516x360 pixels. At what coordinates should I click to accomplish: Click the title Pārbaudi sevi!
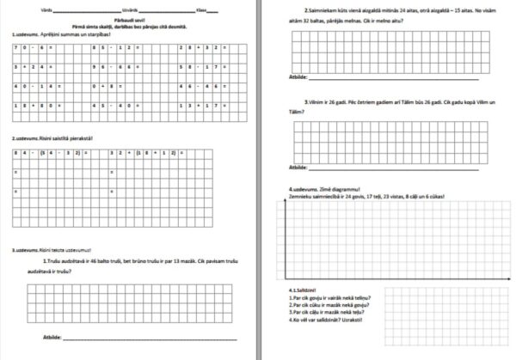coord(129,21)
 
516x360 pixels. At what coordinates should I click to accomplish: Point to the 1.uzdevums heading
coord(27,34)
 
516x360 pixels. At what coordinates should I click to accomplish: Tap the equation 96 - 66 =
coord(114,67)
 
